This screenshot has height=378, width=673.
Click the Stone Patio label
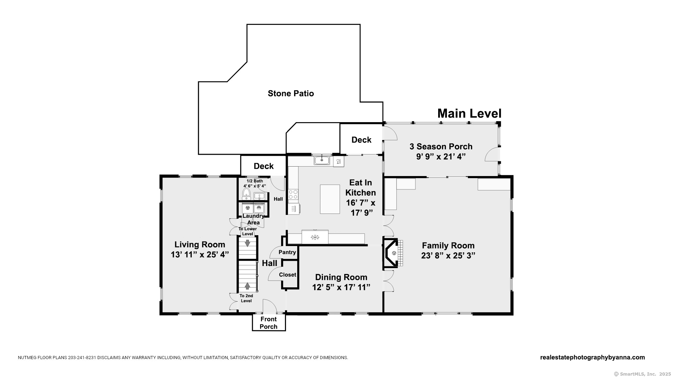(x=291, y=93)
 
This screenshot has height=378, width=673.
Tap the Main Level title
(x=469, y=113)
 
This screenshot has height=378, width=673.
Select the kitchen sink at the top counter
(x=322, y=161)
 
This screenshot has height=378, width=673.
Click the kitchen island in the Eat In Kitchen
(x=330, y=199)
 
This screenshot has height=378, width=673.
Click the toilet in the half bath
(x=246, y=194)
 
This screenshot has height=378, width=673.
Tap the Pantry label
(x=287, y=252)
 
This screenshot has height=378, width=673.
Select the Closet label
(x=287, y=275)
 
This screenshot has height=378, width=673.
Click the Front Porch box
(x=268, y=323)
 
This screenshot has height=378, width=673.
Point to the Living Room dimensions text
(x=200, y=254)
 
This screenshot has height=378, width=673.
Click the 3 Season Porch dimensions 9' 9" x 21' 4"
(x=441, y=156)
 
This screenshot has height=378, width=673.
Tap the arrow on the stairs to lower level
(x=248, y=243)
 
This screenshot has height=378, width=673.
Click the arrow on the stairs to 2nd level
(x=247, y=286)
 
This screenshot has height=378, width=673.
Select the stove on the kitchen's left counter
(x=293, y=194)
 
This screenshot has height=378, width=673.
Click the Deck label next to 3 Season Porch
(x=361, y=140)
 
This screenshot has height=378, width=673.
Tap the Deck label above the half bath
(x=264, y=166)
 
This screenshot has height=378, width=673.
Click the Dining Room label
(x=341, y=277)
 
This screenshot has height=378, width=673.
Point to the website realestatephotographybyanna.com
(x=592, y=357)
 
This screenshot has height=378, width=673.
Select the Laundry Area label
(x=253, y=219)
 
